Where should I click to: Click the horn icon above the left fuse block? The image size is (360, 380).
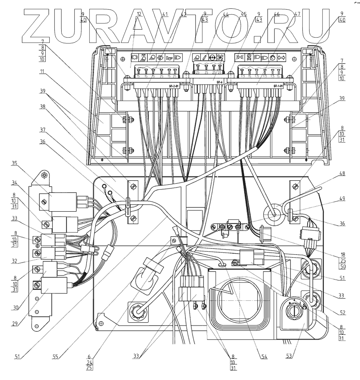169,57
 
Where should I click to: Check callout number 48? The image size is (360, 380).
343,174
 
